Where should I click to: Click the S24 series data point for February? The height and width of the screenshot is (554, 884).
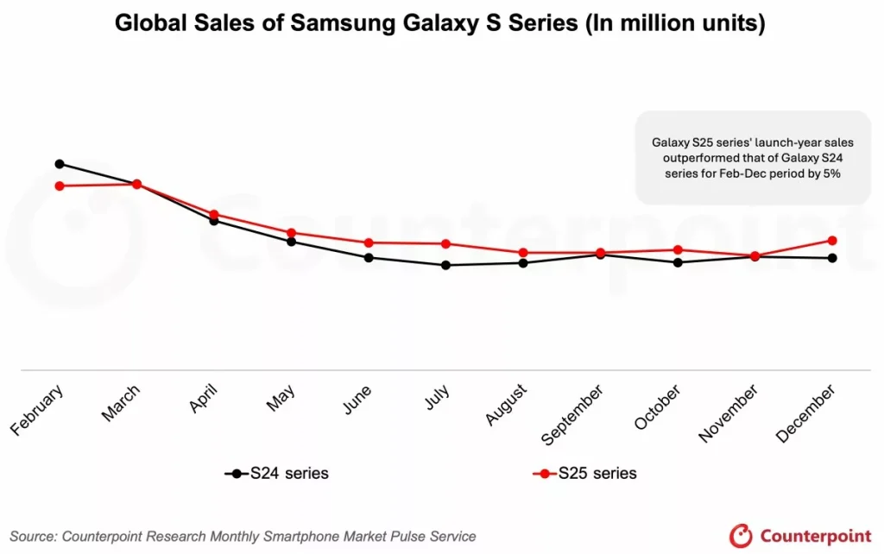(x=60, y=163)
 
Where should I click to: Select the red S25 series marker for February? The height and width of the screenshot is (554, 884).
(x=60, y=186)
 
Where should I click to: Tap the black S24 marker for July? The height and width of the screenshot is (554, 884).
(x=445, y=265)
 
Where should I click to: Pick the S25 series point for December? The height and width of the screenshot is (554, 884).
(x=832, y=240)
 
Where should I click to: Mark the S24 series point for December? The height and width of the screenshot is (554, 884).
(x=832, y=258)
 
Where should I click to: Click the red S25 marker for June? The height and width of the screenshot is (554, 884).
(x=369, y=242)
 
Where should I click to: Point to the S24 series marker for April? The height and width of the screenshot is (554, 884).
(x=214, y=220)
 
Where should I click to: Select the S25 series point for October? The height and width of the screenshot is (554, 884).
(x=678, y=249)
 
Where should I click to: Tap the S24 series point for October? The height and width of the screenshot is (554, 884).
(x=678, y=262)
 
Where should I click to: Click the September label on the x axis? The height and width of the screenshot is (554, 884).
(x=574, y=416)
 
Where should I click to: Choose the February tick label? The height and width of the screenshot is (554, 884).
(x=37, y=412)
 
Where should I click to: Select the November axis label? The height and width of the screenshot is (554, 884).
(x=729, y=413)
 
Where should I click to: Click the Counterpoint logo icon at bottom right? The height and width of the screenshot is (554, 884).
(x=742, y=535)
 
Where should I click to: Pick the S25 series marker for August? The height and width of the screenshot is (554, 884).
(x=523, y=253)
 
